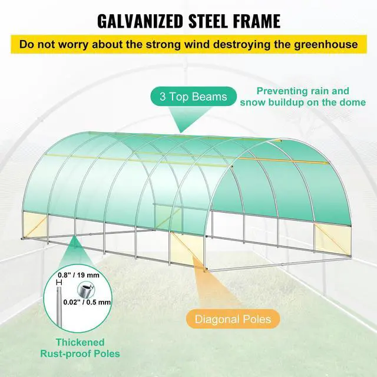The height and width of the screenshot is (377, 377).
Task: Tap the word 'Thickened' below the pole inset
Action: (80, 342)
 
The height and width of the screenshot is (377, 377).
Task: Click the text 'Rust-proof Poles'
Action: (80, 353)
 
